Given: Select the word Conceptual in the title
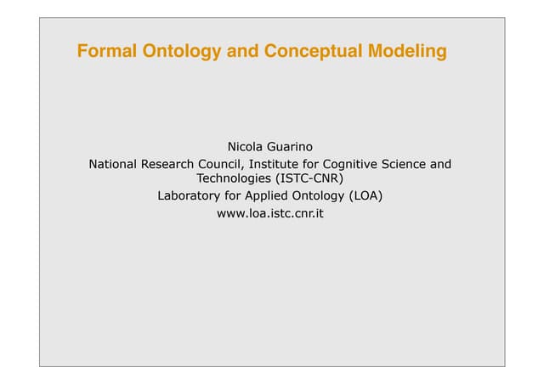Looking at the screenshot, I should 312,53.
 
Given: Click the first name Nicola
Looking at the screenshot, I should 246,146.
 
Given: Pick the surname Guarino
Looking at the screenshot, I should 292,146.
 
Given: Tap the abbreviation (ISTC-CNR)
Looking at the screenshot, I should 310,178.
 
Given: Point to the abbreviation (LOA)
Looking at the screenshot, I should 366,196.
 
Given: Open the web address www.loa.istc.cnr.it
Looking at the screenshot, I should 270,214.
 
